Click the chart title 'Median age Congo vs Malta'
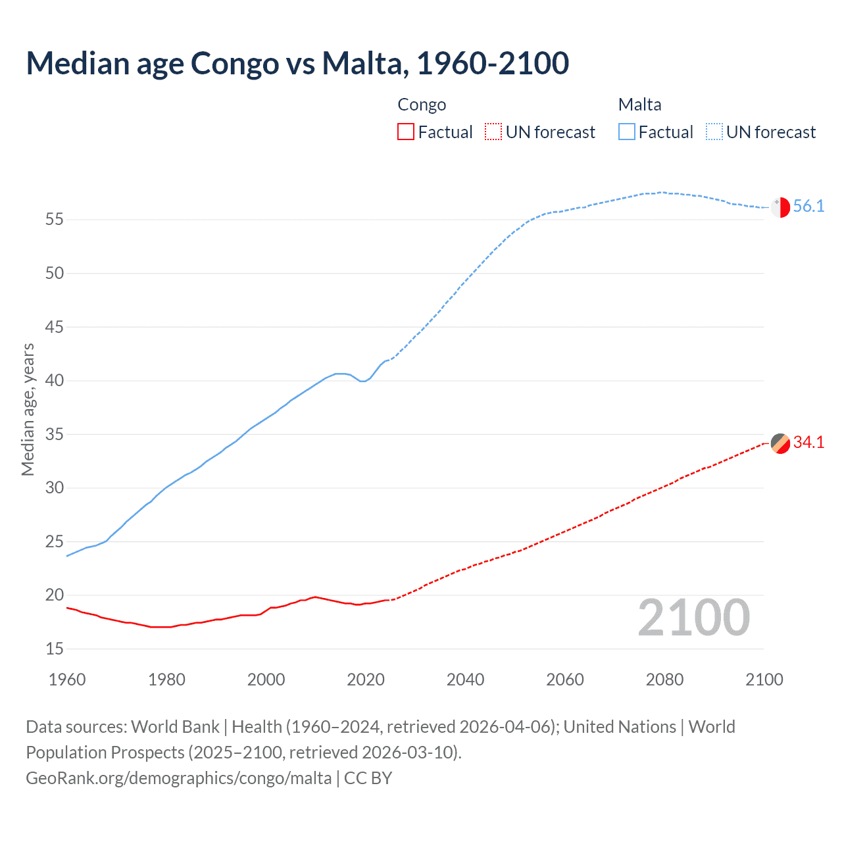coord(297,64)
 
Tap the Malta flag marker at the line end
coord(780,207)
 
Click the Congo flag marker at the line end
coord(780,443)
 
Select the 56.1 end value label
coord(808,207)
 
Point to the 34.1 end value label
coord(808,443)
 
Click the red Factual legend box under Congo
coord(406,132)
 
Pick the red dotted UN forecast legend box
coord(493,132)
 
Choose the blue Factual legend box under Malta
coord(627,132)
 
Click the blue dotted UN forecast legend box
coord(714,132)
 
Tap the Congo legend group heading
coord(422,105)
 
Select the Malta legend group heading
coord(639,105)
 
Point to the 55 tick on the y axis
coord(55,220)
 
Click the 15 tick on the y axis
coord(55,649)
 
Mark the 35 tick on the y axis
coord(55,435)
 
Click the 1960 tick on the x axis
coord(67,680)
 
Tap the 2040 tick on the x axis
coord(465,680)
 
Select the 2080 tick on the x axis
coord(664,680)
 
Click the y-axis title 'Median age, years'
coord(28,409)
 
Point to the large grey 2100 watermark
coord(693,618)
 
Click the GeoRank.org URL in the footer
coord(179,778)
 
